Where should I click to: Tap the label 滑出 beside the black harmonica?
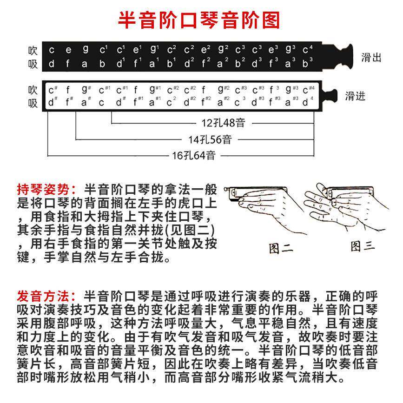pyautogui.click(x=371, y=58)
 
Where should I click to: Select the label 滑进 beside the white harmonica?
pyautogui.click(x=355, y=96)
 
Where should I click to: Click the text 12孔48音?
pyautogui.click(x=223, y=123)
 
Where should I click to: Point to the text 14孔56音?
pyautogui.click(x=210, y=139)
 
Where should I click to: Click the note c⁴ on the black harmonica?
pyautogui.click(x=307, y=49)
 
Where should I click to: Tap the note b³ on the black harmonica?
pyautogui.click(x=307, y=64)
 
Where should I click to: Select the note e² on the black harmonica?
pyautogui.click(x=206, y=49)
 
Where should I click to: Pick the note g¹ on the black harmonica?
pyautogui.click(x=155, y=49)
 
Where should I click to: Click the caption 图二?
pyautogui.click(x=281, y=247)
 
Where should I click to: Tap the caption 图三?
pyautogui.click(x=363, y=245)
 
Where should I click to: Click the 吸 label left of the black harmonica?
pyautogui.click(x=33, y=64)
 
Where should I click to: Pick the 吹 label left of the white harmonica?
pyautogui.click(x=33, y=89)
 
